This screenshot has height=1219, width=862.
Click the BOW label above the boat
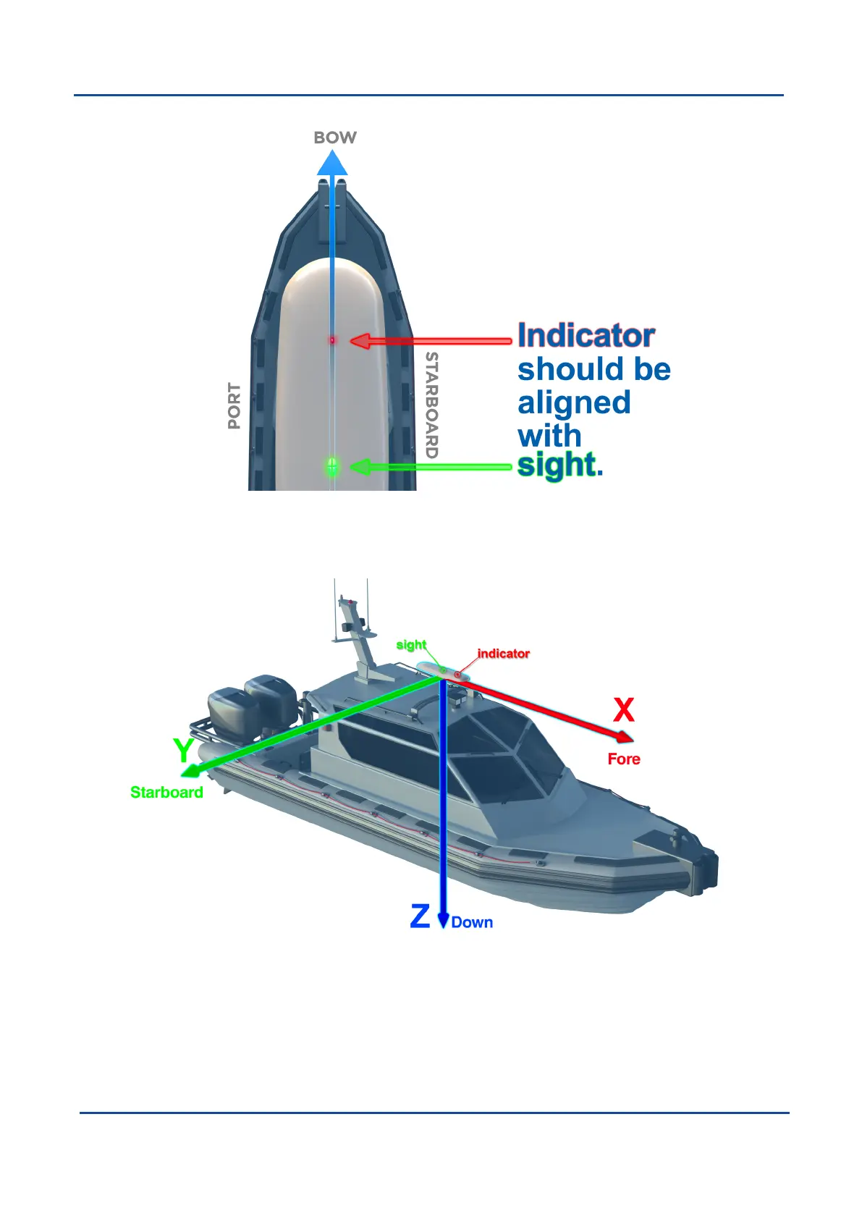pyautogui.click(x=334, y=138)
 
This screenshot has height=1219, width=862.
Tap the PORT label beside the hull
pyautogui.click(x=234, y=406)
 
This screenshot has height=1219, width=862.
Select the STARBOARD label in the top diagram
pyautogui.click(x=431, y=405)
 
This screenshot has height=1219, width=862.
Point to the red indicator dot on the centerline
pyautogui.click(x=332, y=339)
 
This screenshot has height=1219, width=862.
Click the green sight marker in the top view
pyautogui.click(x=332, y=466)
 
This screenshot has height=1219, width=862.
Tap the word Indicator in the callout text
pyautogui.click(x=586, y=336)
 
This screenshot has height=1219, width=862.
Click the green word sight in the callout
pyautogui.click(x=557, y=465)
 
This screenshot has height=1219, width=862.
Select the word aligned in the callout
pyautogui.click(x=574, y=403)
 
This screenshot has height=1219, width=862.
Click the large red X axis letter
pyautogui.click(x=624, y=711)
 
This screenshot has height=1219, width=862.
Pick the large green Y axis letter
pyautogui.click(x=184, y=751)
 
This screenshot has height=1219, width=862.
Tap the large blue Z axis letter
pyautogui.click(x=420, y=916)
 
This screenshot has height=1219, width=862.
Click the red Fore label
pyautogui.click(x=624, y=759)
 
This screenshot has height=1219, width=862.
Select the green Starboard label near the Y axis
pyautogui.click(x=166, y=793)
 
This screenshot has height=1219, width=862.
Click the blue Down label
pyautogui.click(x=472, y=923)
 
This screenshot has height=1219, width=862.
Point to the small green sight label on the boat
pyautogui.click(x=411, y=645)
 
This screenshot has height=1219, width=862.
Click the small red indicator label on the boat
pyautogui.click(x=504, y=654)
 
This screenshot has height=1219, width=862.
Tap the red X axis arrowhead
pyautogui.click(x=624, y=737)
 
